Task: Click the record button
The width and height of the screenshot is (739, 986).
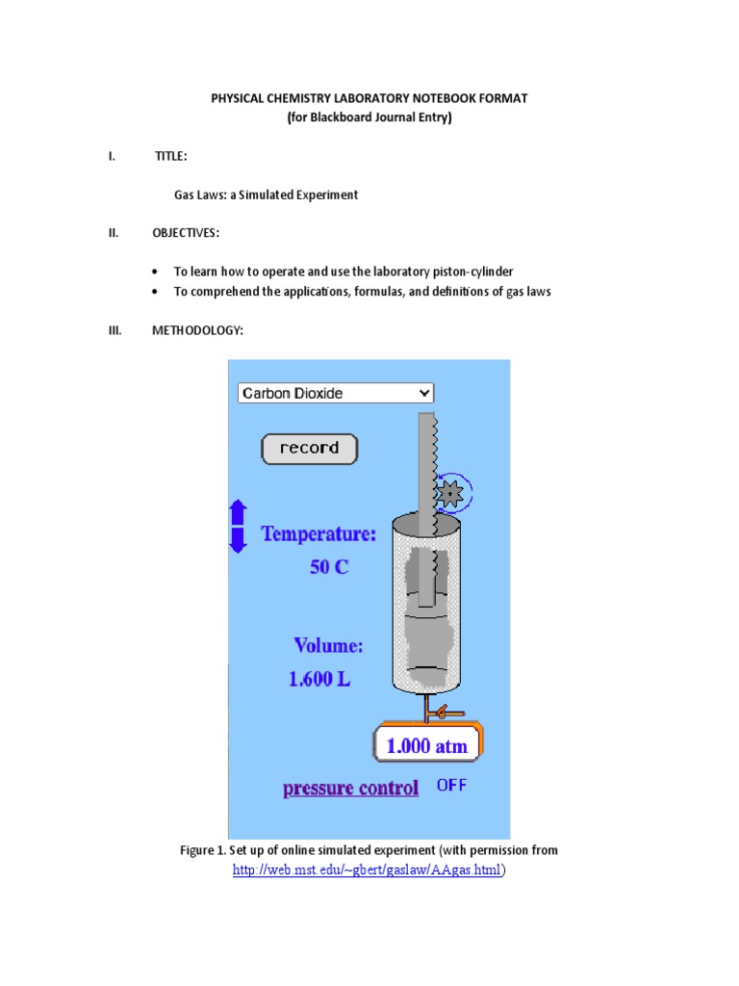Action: pos(309,449)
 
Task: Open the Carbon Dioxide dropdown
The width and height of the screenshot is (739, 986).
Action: pos(335,393)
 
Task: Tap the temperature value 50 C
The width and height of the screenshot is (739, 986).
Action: pos(329,567)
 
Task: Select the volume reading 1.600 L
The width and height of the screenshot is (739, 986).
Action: pos(319,679)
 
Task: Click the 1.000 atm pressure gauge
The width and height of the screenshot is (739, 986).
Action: pos(427,745)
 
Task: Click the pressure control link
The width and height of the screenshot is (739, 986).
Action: pos(350,789)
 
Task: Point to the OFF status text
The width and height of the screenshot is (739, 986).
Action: pos(451,786)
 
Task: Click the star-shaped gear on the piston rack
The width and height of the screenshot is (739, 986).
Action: pos(449,495)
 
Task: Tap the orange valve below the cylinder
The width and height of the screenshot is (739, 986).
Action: pos(439,714)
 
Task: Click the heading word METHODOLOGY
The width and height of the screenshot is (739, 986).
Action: pos(197,331)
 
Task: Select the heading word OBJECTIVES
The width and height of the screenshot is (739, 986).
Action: pos(186,233)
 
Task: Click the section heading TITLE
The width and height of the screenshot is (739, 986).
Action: pos(170,156)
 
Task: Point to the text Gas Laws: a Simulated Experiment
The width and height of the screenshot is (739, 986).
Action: pos(266,195)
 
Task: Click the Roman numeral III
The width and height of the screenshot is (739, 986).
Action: pos(115,331)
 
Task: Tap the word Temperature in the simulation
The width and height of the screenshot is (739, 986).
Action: pos(319,534)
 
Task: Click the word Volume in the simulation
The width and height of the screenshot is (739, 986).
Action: pos(328,645)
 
